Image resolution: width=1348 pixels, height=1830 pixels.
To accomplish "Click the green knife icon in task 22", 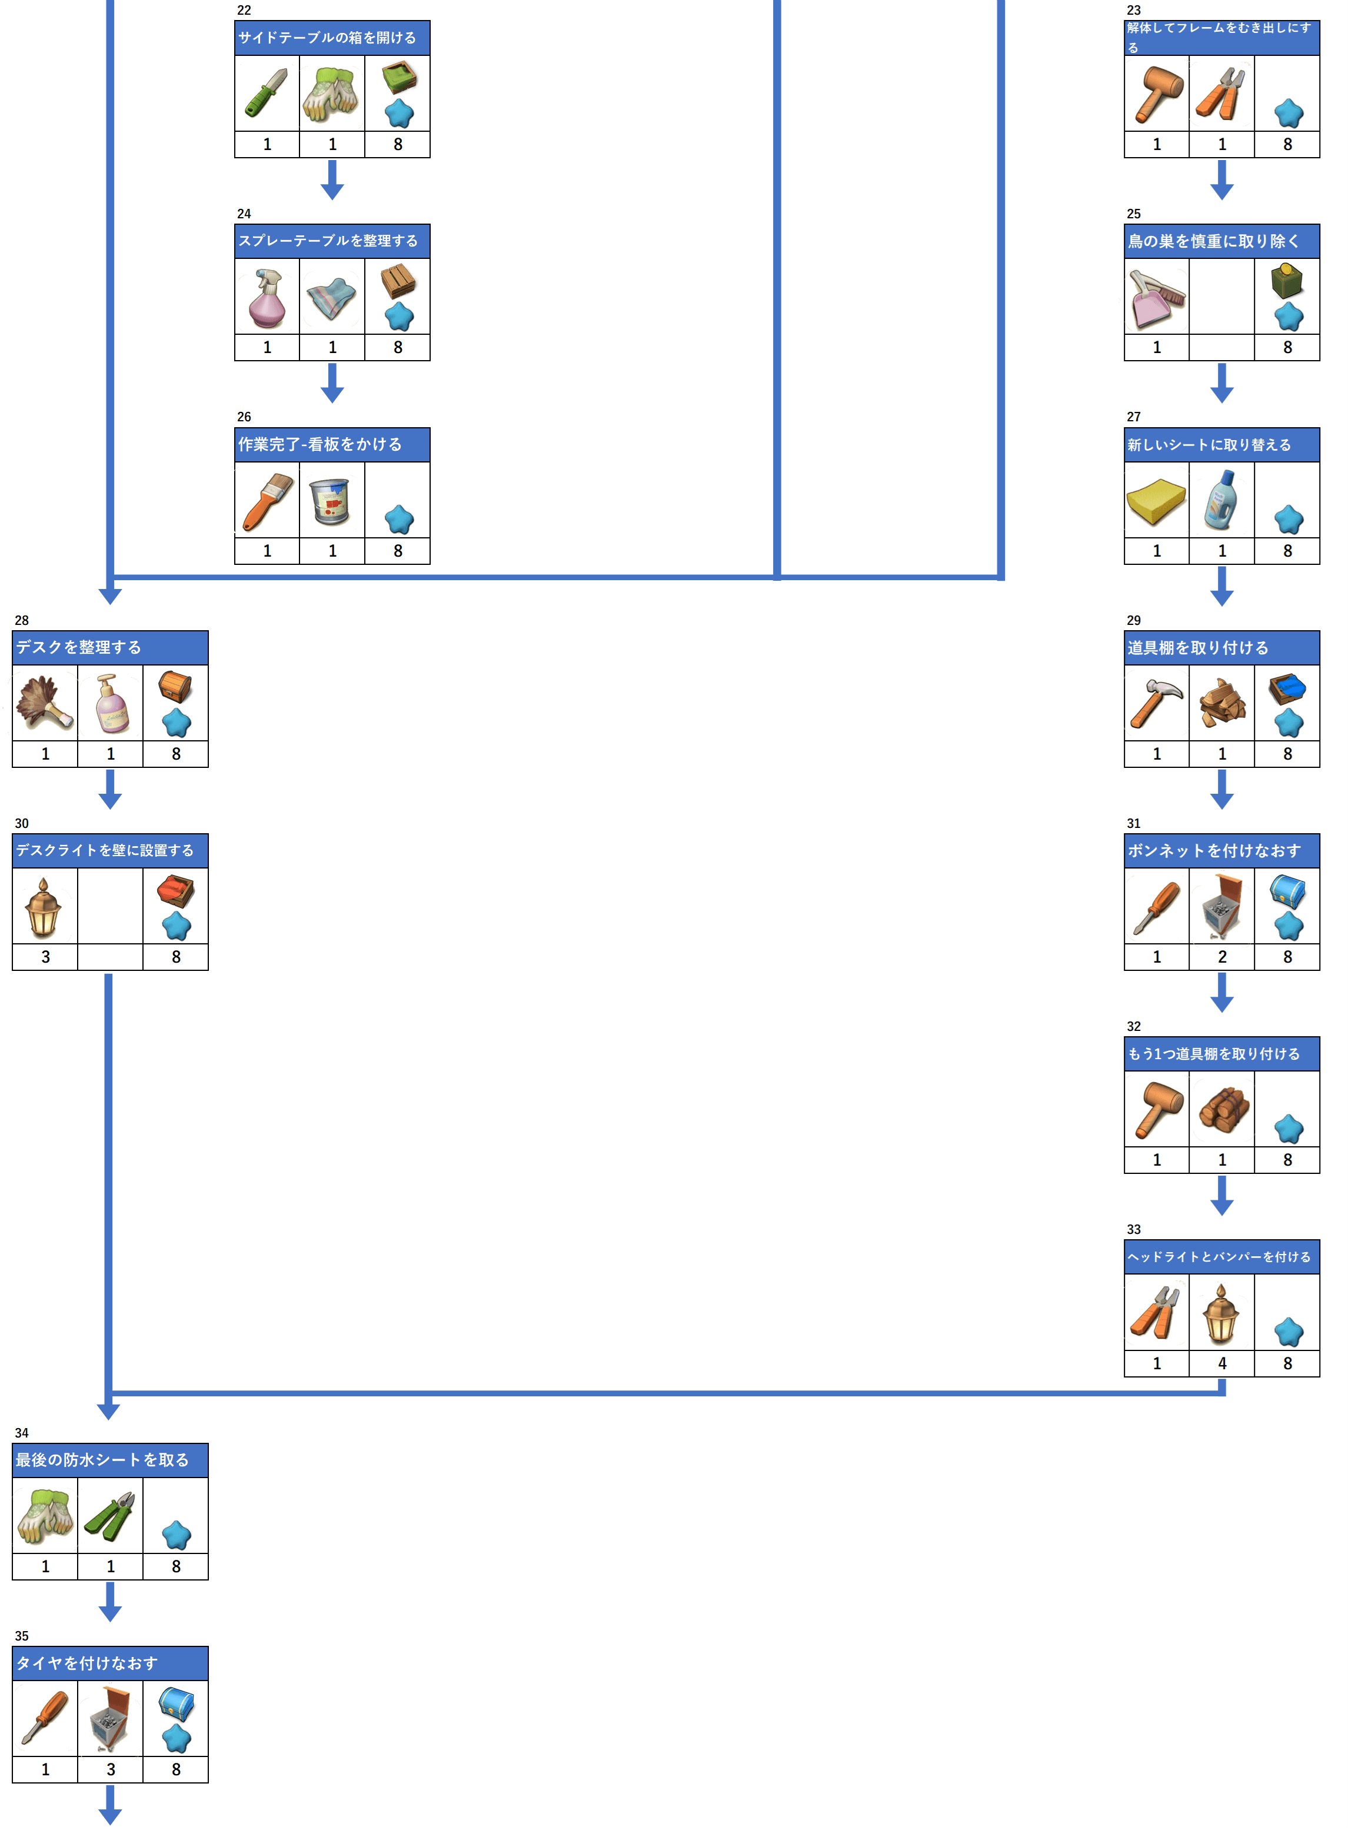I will click(267, 93).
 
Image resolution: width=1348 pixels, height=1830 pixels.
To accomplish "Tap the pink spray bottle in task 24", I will click(267, 298).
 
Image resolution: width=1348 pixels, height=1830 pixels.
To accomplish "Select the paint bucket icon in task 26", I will click(331, 501).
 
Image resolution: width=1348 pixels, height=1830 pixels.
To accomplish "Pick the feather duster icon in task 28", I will click(45, 703).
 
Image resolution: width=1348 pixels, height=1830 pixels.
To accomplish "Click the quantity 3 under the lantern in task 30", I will click(45, 957).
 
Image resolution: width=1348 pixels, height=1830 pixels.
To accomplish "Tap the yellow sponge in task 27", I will click(1156, 501).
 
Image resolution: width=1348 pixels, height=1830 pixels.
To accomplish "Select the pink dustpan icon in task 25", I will click(1156, 298).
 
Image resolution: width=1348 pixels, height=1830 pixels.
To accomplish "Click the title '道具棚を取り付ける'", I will click(1198, 648).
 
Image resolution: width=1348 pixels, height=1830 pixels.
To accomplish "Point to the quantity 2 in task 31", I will click(1221, 957).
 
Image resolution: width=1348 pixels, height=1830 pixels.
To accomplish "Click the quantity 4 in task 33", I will click(1221, 1363).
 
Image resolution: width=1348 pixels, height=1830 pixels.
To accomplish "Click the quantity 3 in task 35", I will click(110, 1769).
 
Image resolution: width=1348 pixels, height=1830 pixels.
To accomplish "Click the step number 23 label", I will click(1133, 11).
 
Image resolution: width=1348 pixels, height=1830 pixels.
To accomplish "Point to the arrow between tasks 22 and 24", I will click(332, 179).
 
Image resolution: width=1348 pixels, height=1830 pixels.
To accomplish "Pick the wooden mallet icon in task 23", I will click(1157, 93).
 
